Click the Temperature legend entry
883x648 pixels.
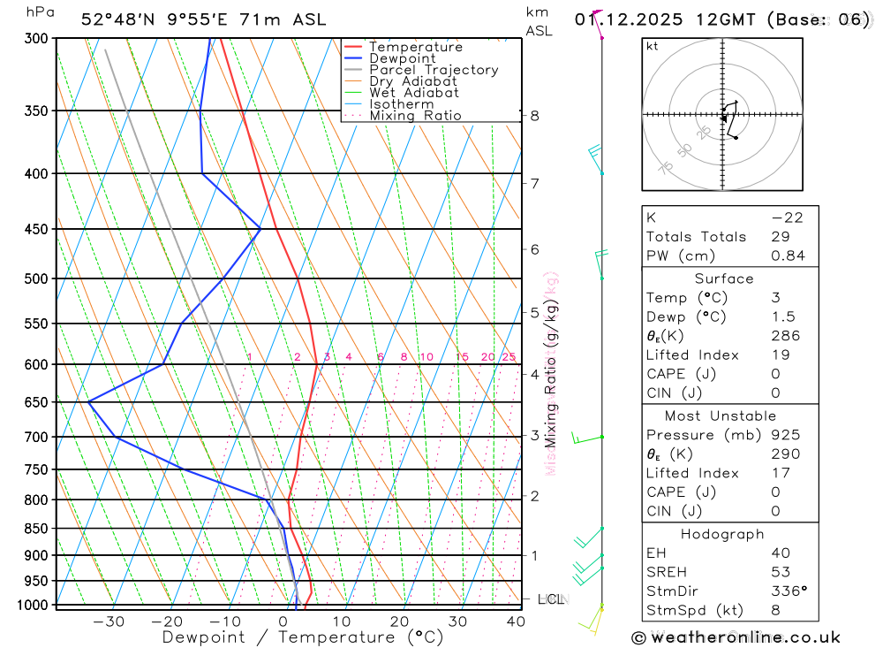tap(415, 47)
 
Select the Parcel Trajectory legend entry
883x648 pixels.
tap(434, 70)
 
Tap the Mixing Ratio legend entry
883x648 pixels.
tap(415, 115)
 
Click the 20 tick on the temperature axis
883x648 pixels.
tap(399, 621)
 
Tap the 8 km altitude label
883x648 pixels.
tap(535, 116)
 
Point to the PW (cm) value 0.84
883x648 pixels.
tap(788, 255)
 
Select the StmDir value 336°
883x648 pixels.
tap(789, 591)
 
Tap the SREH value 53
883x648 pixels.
tap(781, 572)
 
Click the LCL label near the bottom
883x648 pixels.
tap(549, 600)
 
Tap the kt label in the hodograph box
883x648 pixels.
tap(653, 46)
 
